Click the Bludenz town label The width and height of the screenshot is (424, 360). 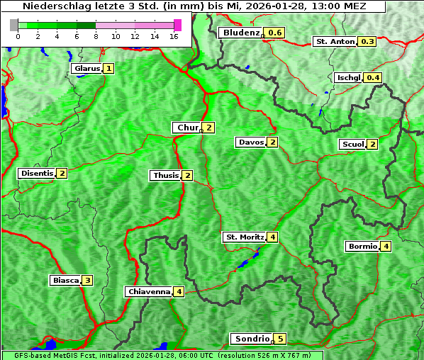[240, 33]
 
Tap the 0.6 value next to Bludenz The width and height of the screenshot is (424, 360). [275, 33]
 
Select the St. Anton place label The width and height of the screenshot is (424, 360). [335, 41]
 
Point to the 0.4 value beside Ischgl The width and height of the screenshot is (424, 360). [373, 77]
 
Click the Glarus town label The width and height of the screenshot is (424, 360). [86, 68]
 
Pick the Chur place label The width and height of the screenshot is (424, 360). [187, 128]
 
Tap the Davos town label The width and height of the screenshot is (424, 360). [251, 142]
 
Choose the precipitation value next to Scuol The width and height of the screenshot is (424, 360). [372, 144]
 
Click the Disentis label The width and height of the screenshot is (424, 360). [37, 173]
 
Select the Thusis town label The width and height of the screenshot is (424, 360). [165, 175]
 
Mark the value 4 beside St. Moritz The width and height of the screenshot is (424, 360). [272, 236]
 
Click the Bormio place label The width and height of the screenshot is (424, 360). [362, 246]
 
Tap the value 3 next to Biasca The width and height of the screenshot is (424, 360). [87, 280]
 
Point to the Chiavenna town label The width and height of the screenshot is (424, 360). [149, 291]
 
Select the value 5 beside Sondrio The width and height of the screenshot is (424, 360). [280, 339]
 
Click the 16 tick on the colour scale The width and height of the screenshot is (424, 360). [173, 36]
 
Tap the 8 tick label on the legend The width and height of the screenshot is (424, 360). [96, 36]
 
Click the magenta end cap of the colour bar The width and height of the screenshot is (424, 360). [177, 25]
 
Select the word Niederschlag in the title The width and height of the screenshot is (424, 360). [51, 6]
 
